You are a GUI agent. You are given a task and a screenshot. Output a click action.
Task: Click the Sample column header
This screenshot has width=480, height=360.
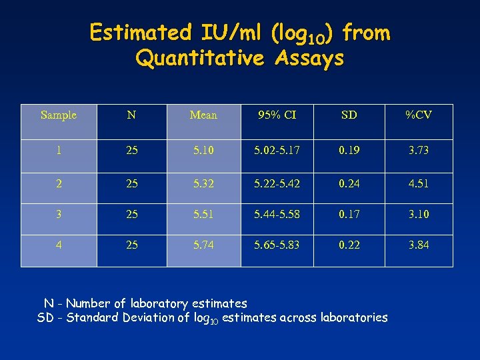point(59,115)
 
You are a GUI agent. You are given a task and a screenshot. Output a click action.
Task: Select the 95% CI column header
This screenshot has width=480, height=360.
point(277,115)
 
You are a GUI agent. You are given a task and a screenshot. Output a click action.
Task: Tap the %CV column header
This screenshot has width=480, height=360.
point(419,115)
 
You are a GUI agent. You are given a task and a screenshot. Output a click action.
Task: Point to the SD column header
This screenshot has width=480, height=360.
point(349,115)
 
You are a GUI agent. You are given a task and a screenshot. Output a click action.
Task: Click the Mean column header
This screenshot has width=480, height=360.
point(203,115)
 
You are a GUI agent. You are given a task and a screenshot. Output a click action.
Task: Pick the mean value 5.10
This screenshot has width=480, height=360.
point(203,151)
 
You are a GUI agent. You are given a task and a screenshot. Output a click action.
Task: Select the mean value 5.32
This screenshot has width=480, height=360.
point(203,182)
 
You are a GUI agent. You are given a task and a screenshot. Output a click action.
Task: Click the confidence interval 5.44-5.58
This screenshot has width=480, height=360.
point(277,214)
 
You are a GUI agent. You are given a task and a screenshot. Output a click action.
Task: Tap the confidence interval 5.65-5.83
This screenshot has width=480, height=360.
point(277,245)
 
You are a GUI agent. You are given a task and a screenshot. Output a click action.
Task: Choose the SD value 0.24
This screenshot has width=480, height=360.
point(349,182)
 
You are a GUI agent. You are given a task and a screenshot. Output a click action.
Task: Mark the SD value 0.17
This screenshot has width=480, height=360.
point(349,214)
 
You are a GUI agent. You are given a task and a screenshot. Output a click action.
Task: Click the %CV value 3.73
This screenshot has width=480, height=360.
point(419,151)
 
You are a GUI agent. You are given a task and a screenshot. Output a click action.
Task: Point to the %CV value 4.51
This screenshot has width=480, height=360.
point(419,182)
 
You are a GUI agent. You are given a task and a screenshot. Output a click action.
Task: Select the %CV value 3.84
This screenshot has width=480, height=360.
point(419,245)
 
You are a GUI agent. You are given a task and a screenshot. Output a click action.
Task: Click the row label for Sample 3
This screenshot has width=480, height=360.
point(59,214)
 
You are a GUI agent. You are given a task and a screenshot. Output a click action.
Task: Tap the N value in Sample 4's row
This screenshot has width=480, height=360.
point(132,245)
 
